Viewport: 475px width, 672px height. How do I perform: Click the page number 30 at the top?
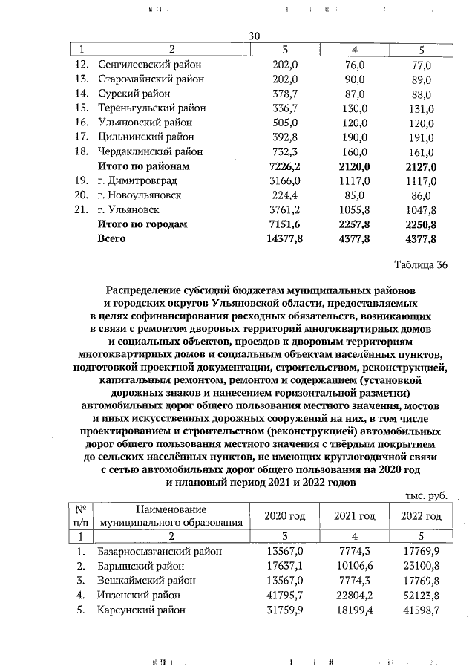tap(254, 36)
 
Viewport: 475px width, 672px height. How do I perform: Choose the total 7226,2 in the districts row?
tap(282, 166)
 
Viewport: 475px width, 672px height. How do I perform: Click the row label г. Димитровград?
tap(139, 180)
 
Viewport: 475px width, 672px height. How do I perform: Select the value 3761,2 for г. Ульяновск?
tap(282, 209)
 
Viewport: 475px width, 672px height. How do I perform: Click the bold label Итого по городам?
tap(142, 224)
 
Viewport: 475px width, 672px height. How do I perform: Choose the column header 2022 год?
tap(421, 516)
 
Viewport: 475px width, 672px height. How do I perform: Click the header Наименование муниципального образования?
tap(171, 516)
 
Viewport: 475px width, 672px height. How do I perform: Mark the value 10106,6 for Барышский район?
tap(353, 567)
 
